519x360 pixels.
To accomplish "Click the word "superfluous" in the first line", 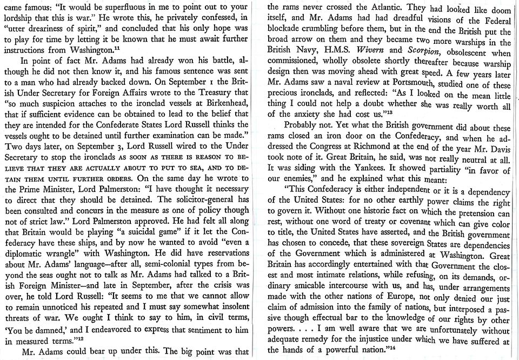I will tap(130, 9).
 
